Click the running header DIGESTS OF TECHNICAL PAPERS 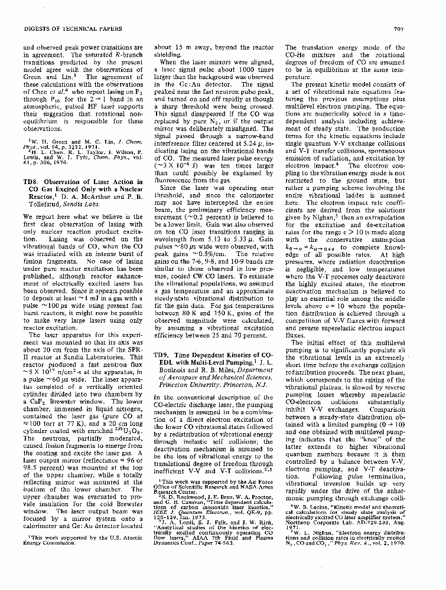coord(66,28)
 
